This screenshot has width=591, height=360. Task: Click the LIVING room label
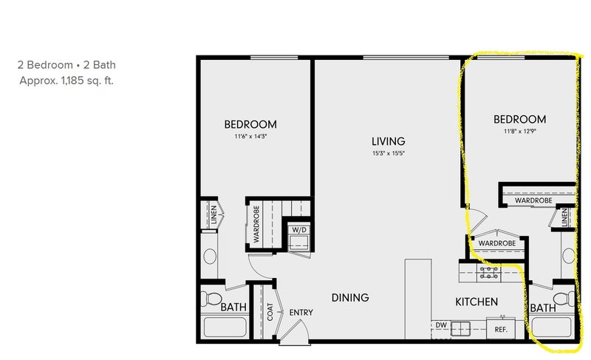pyautogui.click(x=389, y=141)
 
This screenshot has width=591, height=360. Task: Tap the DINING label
pyautogui.click(x=350, y=298)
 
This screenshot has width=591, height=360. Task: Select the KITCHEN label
pyautogui.click(x=476, y=302)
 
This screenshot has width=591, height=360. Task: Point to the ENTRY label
pyautogui.click(x=301, y=313)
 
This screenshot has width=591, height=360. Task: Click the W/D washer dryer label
pyautogui.click(x=299, y=230)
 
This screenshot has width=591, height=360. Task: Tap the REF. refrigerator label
pyautogui.click(x=501, y=330)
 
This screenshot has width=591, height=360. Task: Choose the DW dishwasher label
pyautogui.click(x=441, y=325)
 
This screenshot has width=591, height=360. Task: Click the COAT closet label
pyautogui.click(x=270, y=312)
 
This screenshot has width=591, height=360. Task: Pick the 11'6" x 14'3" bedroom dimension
pyautogui.click(x=250, y=136)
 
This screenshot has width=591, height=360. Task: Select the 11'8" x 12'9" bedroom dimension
pyautogui.click(x=520, y=131)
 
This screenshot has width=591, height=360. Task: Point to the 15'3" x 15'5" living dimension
pyautogui.click(x=389, y=153)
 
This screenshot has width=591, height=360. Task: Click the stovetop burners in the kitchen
pyautogui.click(x=488, y=273)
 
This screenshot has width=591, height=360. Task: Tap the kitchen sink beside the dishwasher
pyautogui.click(x=460, y=329)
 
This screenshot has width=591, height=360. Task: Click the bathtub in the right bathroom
pyautogui.click(x=551, y=327)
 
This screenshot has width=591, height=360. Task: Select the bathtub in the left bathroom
pyautogui.click(x=225, y=327)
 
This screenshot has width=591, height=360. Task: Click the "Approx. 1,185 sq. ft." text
pyautogui.click(x=66, y=81)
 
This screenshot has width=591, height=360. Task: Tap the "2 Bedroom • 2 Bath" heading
pyautogui.click(x=66, y=65)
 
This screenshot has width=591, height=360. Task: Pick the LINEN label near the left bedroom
pyautogui.click(x=213, y=215)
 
